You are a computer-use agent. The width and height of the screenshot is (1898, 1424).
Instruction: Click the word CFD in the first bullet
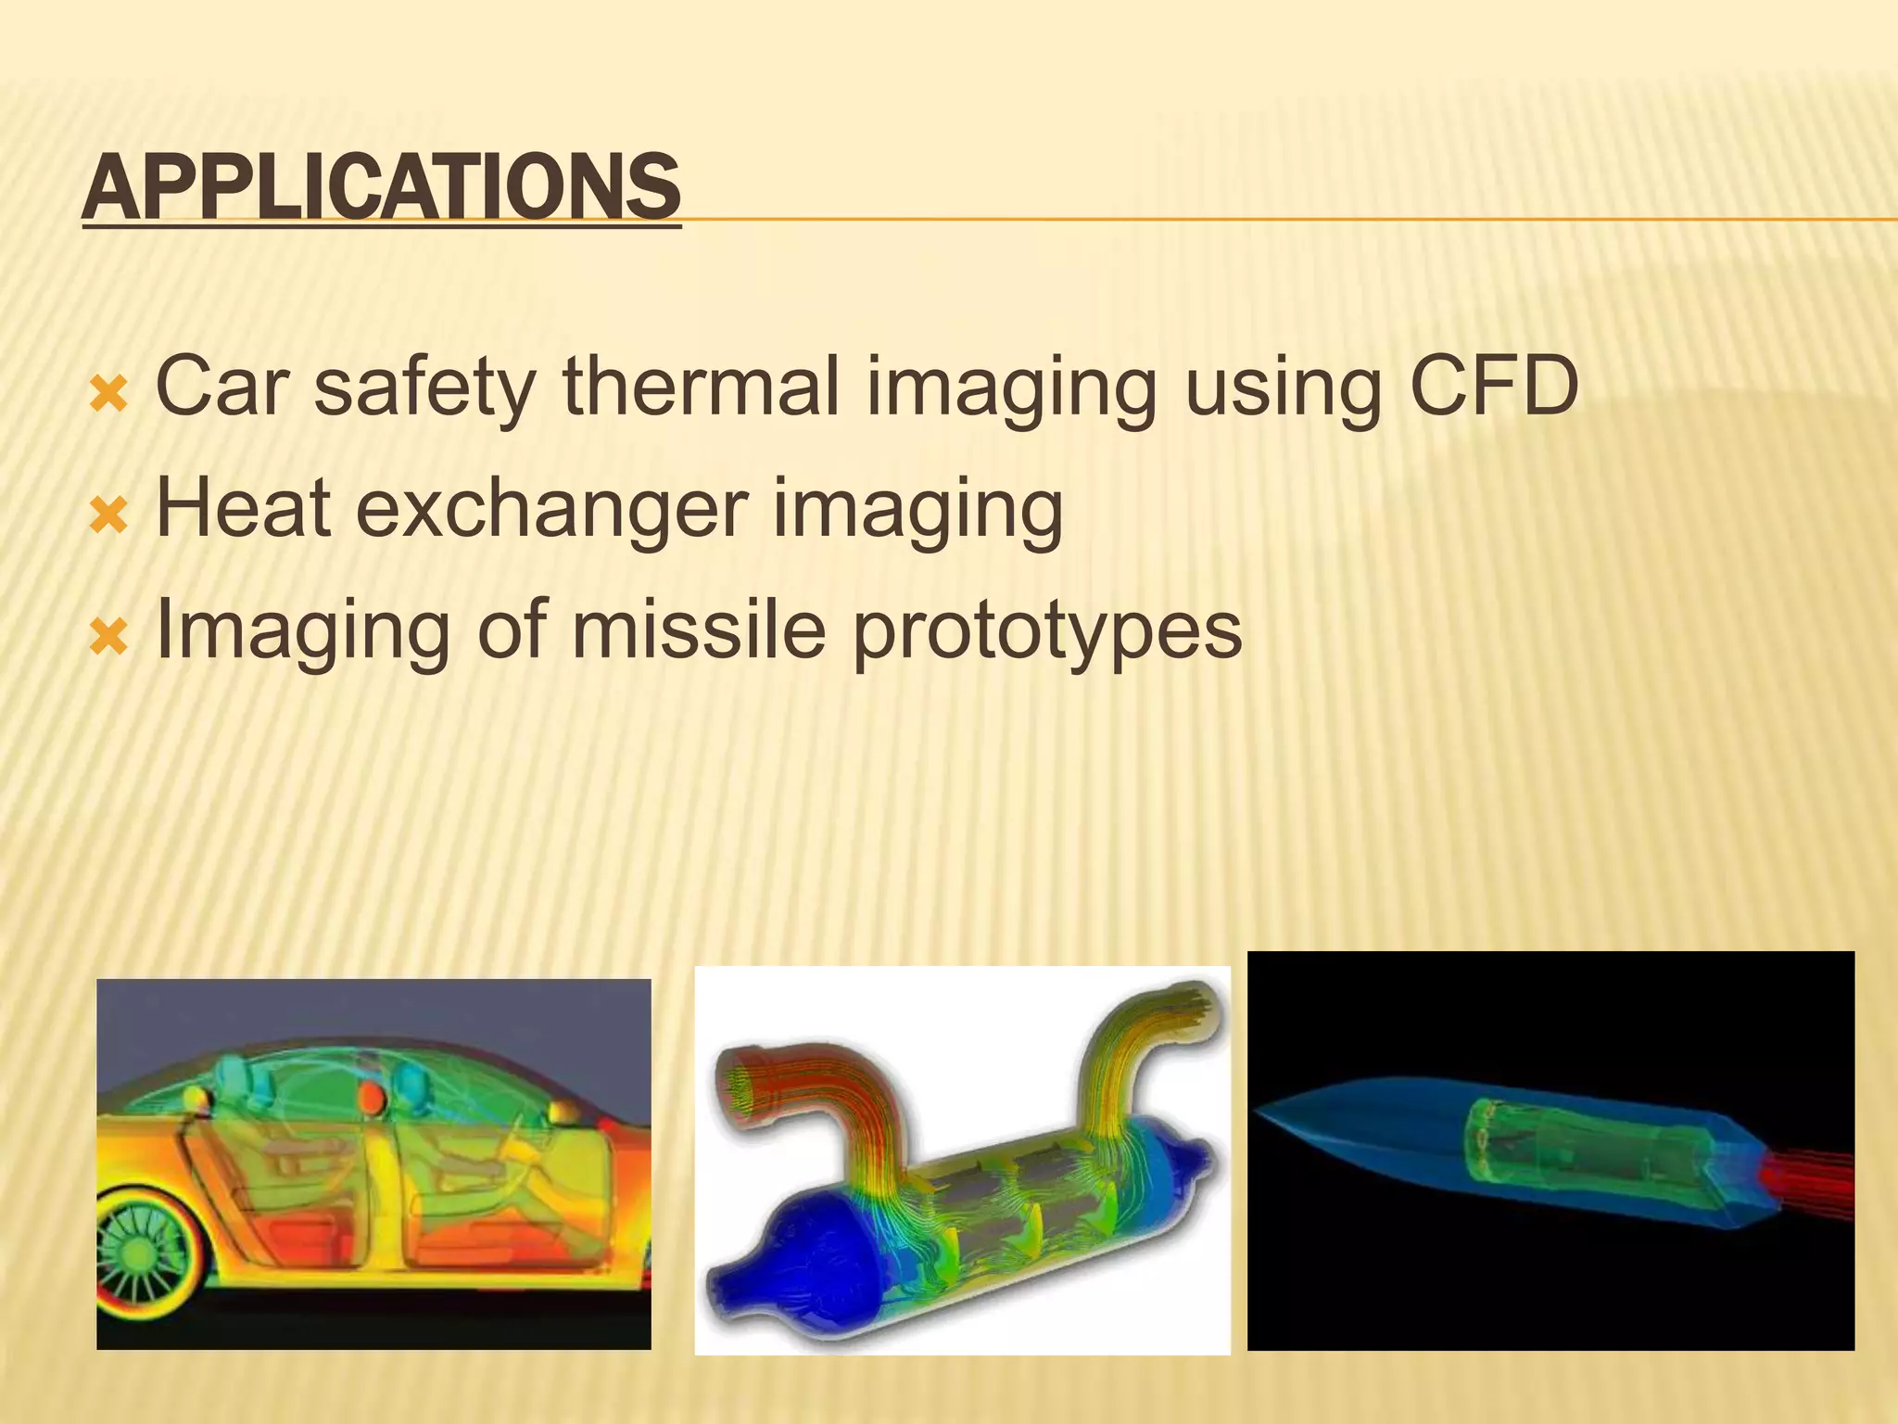coord(1494,387)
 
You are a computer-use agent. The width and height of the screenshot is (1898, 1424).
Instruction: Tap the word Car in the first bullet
coord(222,387)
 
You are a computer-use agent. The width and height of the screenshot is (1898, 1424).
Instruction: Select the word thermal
coord(701,387)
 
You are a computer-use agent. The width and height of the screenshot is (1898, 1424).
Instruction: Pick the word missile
coord(697,629)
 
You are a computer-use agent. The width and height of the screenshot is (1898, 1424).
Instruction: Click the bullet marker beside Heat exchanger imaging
coord(108,515)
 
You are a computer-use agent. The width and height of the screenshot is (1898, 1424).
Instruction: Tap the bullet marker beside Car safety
coord(108,394)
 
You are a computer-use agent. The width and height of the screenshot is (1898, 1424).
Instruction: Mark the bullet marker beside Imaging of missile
coord(108,637)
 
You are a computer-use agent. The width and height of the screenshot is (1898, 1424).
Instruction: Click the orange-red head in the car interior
coord(372,1099)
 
